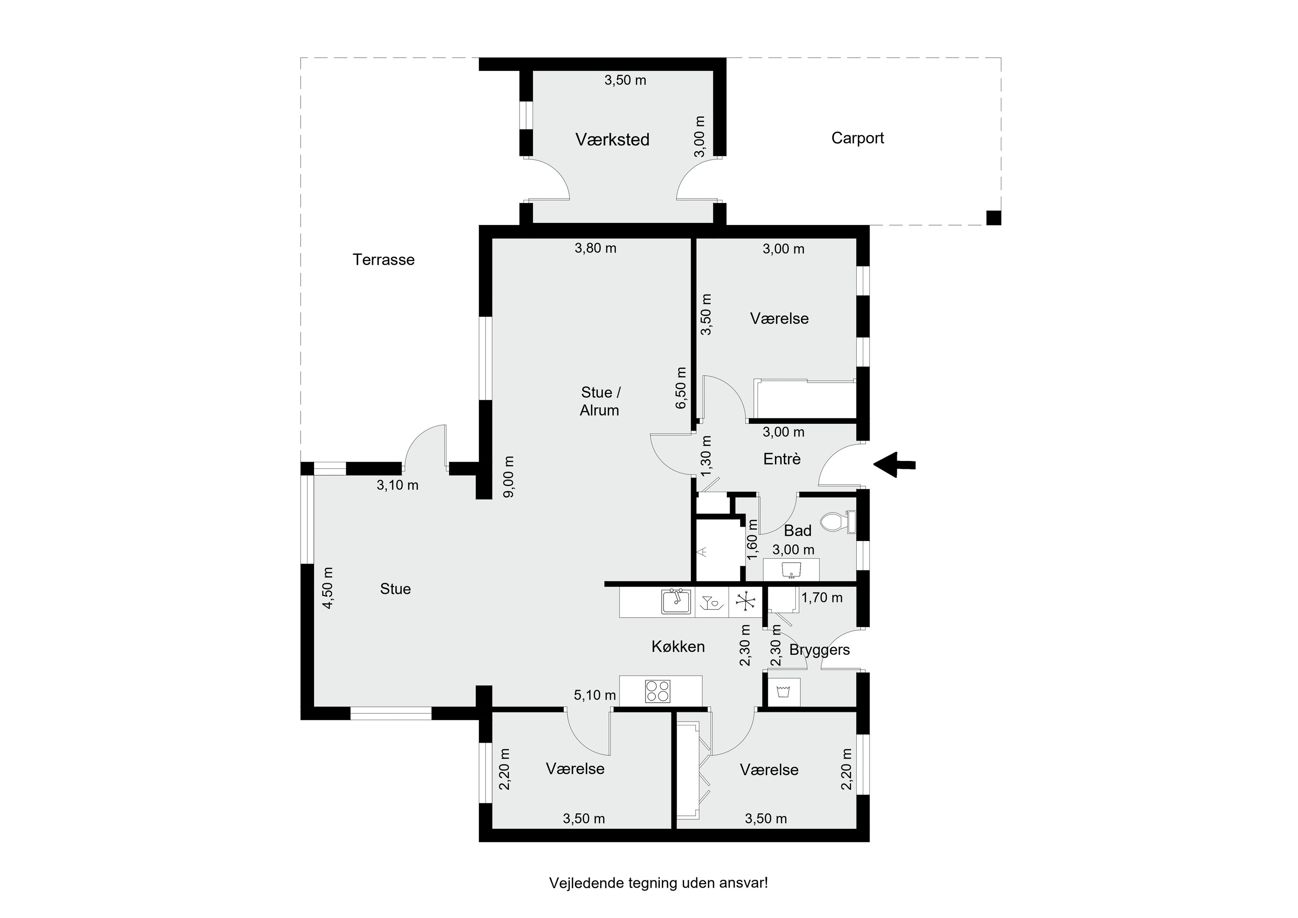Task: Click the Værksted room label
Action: click(612, 140)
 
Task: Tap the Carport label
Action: click(857, 138)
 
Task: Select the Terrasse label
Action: click(383, 260)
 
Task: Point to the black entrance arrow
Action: click(894, 465)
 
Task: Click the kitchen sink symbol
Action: click(676, 602)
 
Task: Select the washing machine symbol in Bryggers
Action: click(783, 691)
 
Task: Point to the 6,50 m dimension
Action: click(681, 387)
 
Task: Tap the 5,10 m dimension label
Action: click(595, 695)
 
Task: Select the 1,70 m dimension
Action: click(822, 597)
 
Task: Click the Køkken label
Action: click(678, 647)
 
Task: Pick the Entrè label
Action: click(782, 459)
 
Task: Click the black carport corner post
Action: click(993, 218)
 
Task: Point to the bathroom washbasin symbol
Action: click(791, 569)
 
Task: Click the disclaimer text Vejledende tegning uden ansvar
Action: click(659, 883)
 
